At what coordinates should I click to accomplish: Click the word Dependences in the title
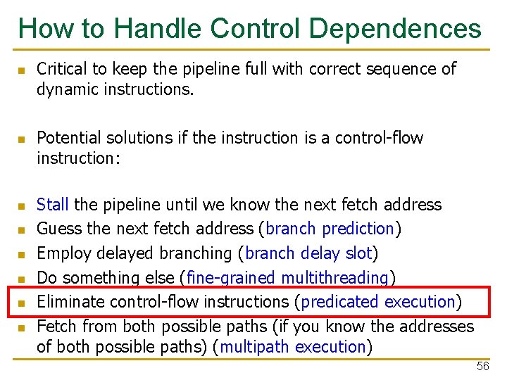395,29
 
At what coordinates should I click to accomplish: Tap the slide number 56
482,367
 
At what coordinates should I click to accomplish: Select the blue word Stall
52,205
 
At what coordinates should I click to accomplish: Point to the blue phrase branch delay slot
308,253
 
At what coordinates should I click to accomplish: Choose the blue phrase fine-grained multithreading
288,278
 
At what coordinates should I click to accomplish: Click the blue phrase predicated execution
377,302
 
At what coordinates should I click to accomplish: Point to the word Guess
56,229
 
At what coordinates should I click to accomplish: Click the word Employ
59,253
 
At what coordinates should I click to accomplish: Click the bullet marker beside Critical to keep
22,70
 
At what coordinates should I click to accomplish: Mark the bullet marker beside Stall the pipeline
22,206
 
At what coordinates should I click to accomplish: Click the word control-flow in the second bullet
384,138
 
